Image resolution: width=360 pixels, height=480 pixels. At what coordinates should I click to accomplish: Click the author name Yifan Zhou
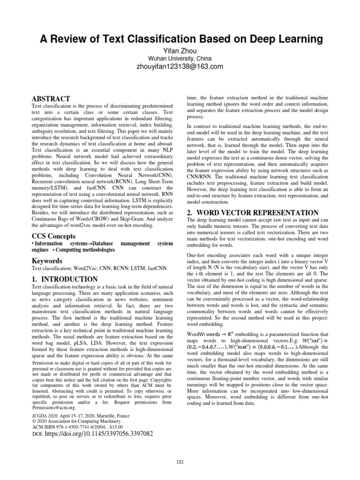point(180,50)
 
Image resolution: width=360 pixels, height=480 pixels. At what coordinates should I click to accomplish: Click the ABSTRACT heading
point(50,99)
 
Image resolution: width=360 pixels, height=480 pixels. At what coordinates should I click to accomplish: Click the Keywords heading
point(48,260)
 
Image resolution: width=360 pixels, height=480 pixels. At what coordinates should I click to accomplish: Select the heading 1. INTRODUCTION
point(64,279)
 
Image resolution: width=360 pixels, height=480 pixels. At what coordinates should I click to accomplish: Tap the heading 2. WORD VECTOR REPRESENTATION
point(253,212)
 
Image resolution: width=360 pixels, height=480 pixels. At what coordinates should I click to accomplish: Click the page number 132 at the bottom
point(180,462)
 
